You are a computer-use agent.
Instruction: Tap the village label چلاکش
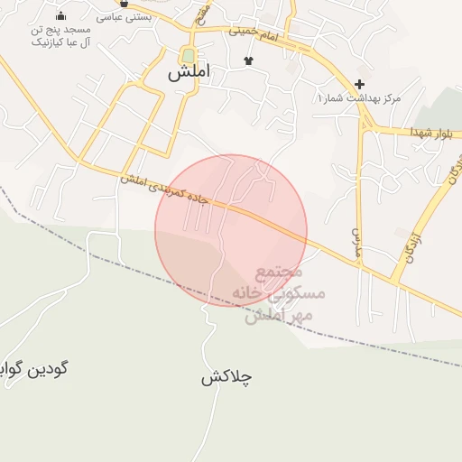point(226,377)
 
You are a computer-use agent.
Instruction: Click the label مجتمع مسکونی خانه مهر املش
point(275,294)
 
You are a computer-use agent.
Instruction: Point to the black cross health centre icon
point(360,84)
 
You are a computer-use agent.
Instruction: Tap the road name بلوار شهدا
point(416,131)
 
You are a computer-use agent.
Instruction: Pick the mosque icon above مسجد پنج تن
point(60,15)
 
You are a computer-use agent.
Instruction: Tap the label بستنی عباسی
point(124,16)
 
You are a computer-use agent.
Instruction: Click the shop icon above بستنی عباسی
point(124,3)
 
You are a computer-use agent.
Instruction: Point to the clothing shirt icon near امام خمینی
point(248,60)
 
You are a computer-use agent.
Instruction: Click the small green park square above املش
point(188,53)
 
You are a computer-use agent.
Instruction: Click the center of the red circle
point(231,230)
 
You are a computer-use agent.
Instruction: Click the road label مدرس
point(356,238)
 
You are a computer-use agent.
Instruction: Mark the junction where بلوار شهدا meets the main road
point(365,125)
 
